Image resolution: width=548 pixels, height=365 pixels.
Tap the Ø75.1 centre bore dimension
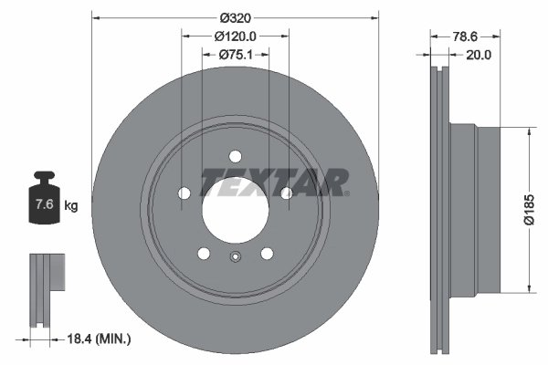(235, 55)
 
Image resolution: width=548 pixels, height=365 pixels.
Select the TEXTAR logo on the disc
(274, 182)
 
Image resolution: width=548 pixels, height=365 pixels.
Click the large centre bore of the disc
(235, 205)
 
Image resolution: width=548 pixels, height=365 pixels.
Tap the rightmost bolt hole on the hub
(286, 193)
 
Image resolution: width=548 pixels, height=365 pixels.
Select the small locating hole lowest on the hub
(235, 257)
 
